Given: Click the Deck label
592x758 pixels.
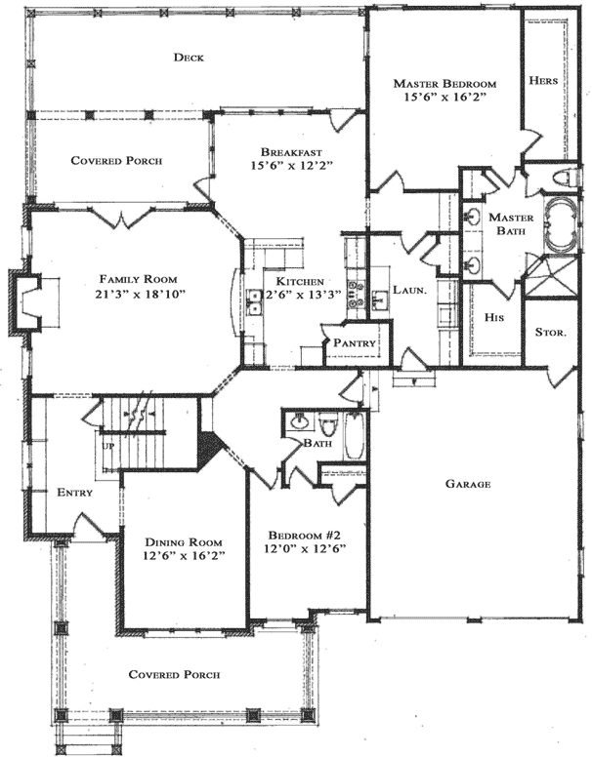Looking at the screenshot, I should [x=188, y=58].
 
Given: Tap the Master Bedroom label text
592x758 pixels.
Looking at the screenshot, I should [x=444, y=84].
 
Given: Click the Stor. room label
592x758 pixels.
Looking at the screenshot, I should [x=550, y=333].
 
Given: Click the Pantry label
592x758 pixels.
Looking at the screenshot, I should [x=356, y=343].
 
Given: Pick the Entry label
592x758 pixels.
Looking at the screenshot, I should [x=74, y=493].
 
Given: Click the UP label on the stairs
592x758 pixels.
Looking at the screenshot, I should [x=106, y=446].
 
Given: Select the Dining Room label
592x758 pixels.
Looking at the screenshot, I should [x=184, y=542].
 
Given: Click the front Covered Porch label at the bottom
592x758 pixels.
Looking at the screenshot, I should [x=174, y=674].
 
